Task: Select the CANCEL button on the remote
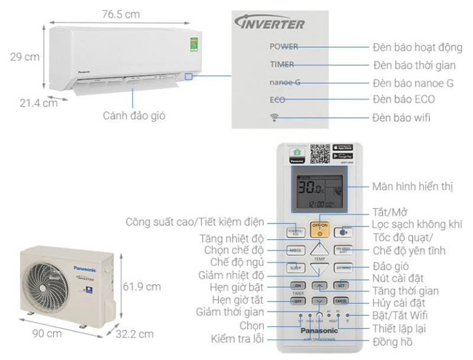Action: pos(342,300)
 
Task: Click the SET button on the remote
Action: pos(342,285)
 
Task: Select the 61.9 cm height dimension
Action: pos(142,287)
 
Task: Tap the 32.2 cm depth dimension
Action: pos(135,334)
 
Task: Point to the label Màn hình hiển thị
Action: pos(413,187)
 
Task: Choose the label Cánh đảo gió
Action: pos(134,116)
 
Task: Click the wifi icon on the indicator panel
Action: pos(274,116)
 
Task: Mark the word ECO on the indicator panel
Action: pos(277,99)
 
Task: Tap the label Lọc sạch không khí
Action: pos(417,225)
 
